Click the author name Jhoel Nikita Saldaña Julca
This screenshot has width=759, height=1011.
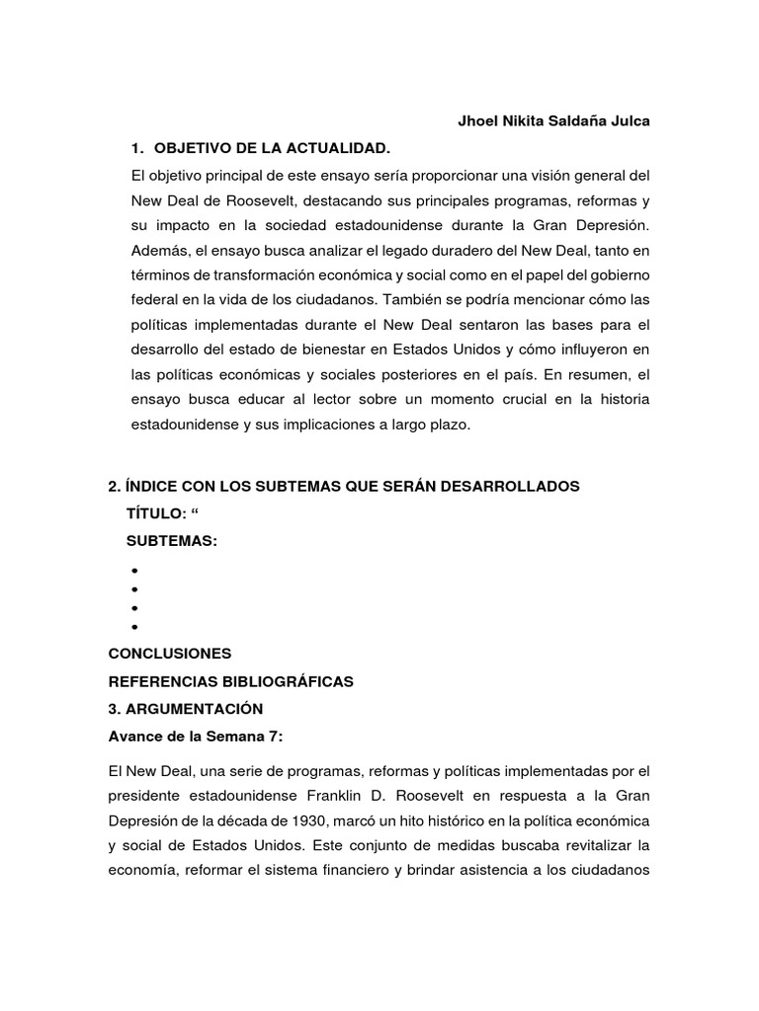tap(540, 121)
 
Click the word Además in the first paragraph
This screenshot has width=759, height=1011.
tap(156, 250)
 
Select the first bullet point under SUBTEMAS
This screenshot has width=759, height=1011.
tap(131, 571)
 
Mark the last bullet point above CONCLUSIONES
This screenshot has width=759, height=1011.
tap(131, 627)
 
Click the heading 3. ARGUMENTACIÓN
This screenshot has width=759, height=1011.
tap(185, 709)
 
